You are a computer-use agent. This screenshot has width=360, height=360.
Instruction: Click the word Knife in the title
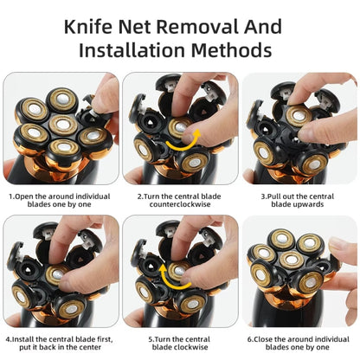click(93, 23)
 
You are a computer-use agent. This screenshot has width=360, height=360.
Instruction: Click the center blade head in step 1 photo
click(61, 125)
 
